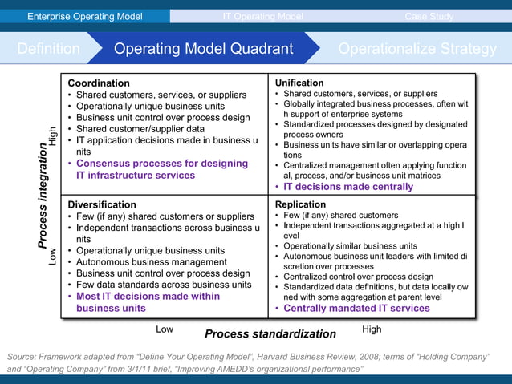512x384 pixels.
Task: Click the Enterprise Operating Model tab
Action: click(x=85, y=16)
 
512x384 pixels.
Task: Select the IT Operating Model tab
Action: click(x=262, y=16)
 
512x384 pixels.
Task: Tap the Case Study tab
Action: click(x=428, y=16)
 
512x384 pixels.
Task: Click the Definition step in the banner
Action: click(x=48, y=49)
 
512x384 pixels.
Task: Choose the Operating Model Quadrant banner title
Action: click(x=203, y=49)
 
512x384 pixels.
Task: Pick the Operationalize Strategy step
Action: click(x=417, y=49)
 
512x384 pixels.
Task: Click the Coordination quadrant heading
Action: click(x=99, y=83)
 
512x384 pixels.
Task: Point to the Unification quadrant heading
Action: click(x=299, y=83)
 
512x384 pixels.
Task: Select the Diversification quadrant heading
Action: click(x=102, y=204)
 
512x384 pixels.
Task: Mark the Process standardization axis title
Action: click(x=270, y=333)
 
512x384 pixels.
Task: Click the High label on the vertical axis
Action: click(x=53, y=137)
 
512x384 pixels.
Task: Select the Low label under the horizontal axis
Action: click(x=165, y=329)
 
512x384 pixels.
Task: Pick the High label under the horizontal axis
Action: click(x=372, y=329)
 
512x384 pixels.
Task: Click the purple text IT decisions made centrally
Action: click(x=348, y=187)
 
